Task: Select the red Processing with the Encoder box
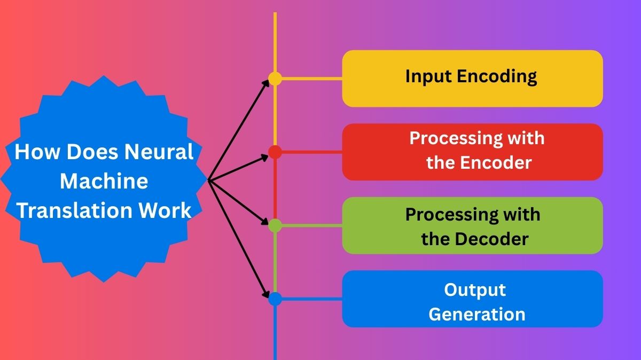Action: (472, 152)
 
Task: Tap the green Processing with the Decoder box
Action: (472, 225)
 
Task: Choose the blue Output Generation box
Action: (472, 299)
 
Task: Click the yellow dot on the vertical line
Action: (275, 79)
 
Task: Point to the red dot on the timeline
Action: (275, 152)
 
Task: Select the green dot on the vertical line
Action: (275, 225)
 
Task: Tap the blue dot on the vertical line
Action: (275, 299)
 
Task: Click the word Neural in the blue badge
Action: (159, 152)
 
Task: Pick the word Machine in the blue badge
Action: (104, 181)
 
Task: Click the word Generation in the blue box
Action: (476, 314)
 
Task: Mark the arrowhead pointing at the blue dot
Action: (267, 294)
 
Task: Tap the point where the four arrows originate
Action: (208, 181)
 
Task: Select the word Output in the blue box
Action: (474, 290)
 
